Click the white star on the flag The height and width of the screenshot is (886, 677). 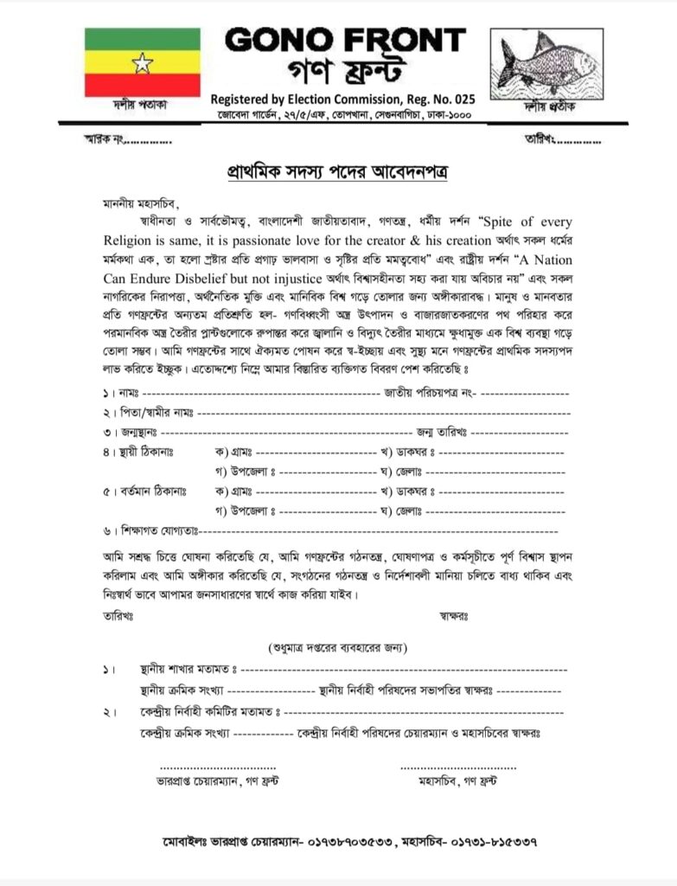[x=143, y=62]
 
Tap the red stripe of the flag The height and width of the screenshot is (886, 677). [x=143, y=84]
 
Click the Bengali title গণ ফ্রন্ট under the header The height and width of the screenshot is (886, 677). [x=345, y=71]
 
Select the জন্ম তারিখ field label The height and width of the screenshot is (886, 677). [x=441, y=431]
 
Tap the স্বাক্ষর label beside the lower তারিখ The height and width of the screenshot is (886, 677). [x=451, y=617]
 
